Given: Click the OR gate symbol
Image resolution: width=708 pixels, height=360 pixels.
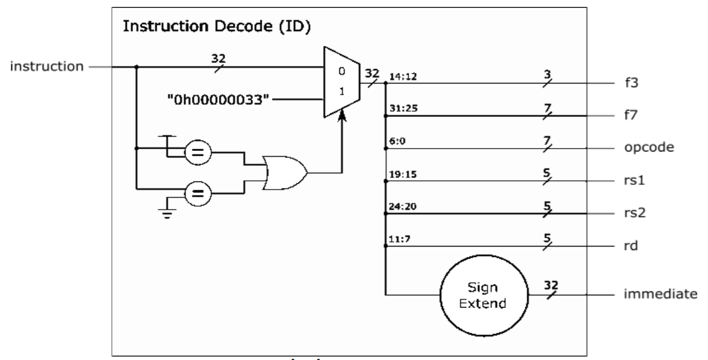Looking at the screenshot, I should coord(284,172).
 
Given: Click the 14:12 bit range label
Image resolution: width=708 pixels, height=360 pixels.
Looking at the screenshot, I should coord(399,76).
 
